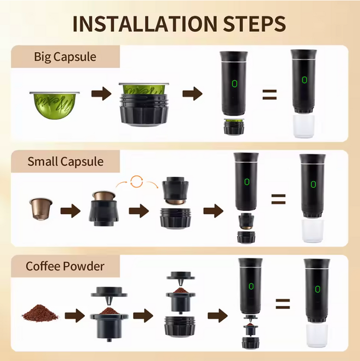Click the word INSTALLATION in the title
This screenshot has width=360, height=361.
point(145,24)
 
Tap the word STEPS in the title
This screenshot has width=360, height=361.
point(255,24)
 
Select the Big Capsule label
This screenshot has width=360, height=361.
point(65,57)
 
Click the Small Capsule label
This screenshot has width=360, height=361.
point(65,162)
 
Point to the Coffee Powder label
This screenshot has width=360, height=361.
point(65,266)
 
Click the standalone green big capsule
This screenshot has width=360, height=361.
point(54,105)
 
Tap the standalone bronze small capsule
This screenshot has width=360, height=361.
point(41,208)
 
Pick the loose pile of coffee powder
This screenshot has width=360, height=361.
point(40,313)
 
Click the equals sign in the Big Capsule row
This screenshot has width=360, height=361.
point(269,94)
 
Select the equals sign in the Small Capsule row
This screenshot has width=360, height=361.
point(278,199)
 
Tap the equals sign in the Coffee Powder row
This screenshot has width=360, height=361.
point(282,304)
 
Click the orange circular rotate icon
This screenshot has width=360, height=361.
point(137,182)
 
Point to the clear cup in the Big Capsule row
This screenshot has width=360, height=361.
point(304,126)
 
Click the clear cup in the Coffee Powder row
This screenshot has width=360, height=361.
point(317,335)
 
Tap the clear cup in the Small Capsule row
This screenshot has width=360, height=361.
point(312,231)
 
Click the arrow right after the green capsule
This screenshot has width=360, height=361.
point(101,94)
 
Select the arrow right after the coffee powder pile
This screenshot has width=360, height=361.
point(75,316)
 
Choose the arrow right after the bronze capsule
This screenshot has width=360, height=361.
point(70,211)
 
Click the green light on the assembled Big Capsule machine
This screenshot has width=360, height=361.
point(305,80)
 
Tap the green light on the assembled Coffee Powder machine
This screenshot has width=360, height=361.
point(318,289)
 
